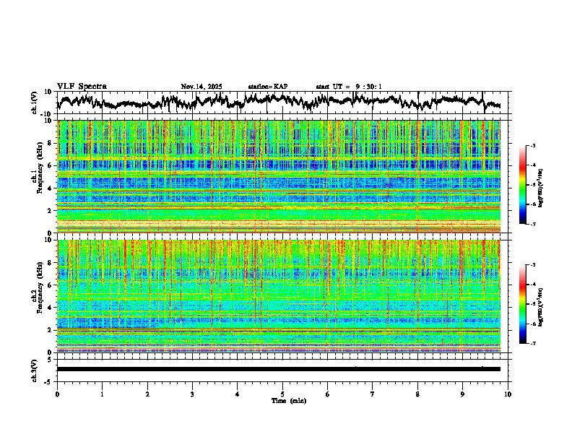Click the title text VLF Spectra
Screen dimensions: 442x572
tap(82, 86)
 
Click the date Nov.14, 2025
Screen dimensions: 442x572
tap(201, 87)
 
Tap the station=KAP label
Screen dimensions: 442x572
tap(267, 87)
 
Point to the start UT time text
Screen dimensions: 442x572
tap(349, 87)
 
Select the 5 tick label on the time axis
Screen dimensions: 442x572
tap(282, 394)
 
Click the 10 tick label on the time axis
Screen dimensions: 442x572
tap(508, 394)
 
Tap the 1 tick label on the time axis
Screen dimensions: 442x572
tap(102, 394)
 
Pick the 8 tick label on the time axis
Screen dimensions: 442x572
tap(417, 394)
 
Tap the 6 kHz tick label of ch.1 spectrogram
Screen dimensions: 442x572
tap(51, 165)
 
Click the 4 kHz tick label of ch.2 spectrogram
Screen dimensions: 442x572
tap(51, 308)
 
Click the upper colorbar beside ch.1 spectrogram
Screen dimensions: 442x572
tap(529, 186)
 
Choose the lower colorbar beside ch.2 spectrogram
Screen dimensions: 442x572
tap(529, 304)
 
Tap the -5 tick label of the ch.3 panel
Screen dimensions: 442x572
tap(48, 380)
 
